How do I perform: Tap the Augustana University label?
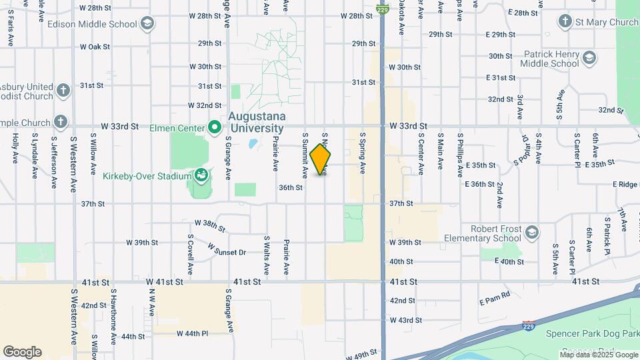pyautogui.click(x=256, y=121)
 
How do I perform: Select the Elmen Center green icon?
pyautogui.click(x=214, y=126)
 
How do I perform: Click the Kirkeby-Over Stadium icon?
pyautogui.click(x=201, y=177)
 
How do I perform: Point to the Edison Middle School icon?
pyautogui.click(x=147, y=24)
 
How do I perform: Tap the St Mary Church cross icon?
pyautogui.click(x=565, y=22)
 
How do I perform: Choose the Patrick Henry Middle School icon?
pyautogui.click(x=589, y=59)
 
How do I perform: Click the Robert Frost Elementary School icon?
pyautogui.click(x=531, y=233)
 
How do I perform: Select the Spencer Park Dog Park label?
pyautogui.click(x=591, y=333)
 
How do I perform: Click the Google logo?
pyautogui.click(x=22, y=352)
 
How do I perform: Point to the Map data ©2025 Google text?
pyautogui.click(x=597, y=355)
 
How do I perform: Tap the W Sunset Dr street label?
pyautogui.click(x=227, y=249)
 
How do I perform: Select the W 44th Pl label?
pyautogui.click(x=193, y=333)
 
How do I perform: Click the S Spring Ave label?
pyautogui.click(x=363, y=152)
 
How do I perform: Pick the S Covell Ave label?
pyautogui.click(x=191, y=254)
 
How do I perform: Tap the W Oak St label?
pyautogui.click(x=94, y=47)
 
